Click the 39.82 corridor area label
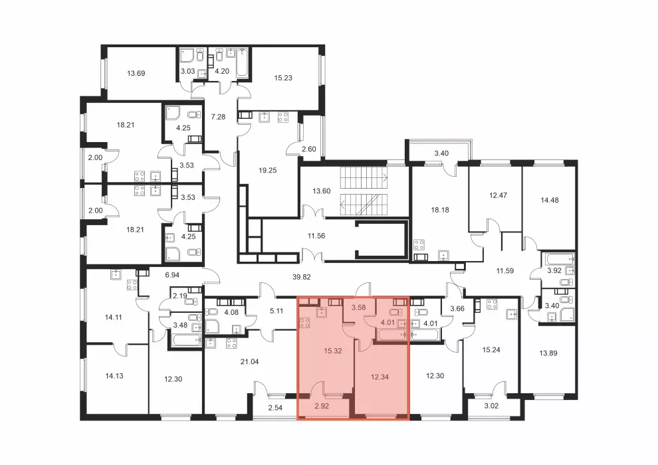pyautogui.click(x=301, y=277)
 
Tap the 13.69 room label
pyautogui.click(x=136, y=73)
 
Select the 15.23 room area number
pyautogui.click(x=283, y=78)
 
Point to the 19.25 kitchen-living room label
pyautogui.click(x=268, y=171)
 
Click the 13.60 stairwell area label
pyautogui.click(x=322, y=191)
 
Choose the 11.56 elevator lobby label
pyautogui.click(x=316, y=236)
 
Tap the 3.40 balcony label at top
pyautogui.click(x=441, y=153)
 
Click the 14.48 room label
pyautogui.click(x=550, y=201)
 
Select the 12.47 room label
pyautogui.click(x=498, y=195)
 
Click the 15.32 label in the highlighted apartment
pyautogui.click(x=333, y=351)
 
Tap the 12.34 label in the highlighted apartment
pyautogui.click(x=380, y=377)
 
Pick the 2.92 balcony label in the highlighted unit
pyautogui.click(x=322, y=407)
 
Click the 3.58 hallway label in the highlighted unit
pyautogui.click(x=359, y=308)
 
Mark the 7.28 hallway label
pyautogui.click(x=218, y=117)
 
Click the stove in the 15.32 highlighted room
pyautogui.click(x=304, y=324)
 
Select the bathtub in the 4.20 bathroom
pyautogui.click(x=242, y=63)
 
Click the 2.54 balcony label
pyautogui.click(x=275, y=408)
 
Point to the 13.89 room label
pyautogui.click(x=548, y=353)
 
